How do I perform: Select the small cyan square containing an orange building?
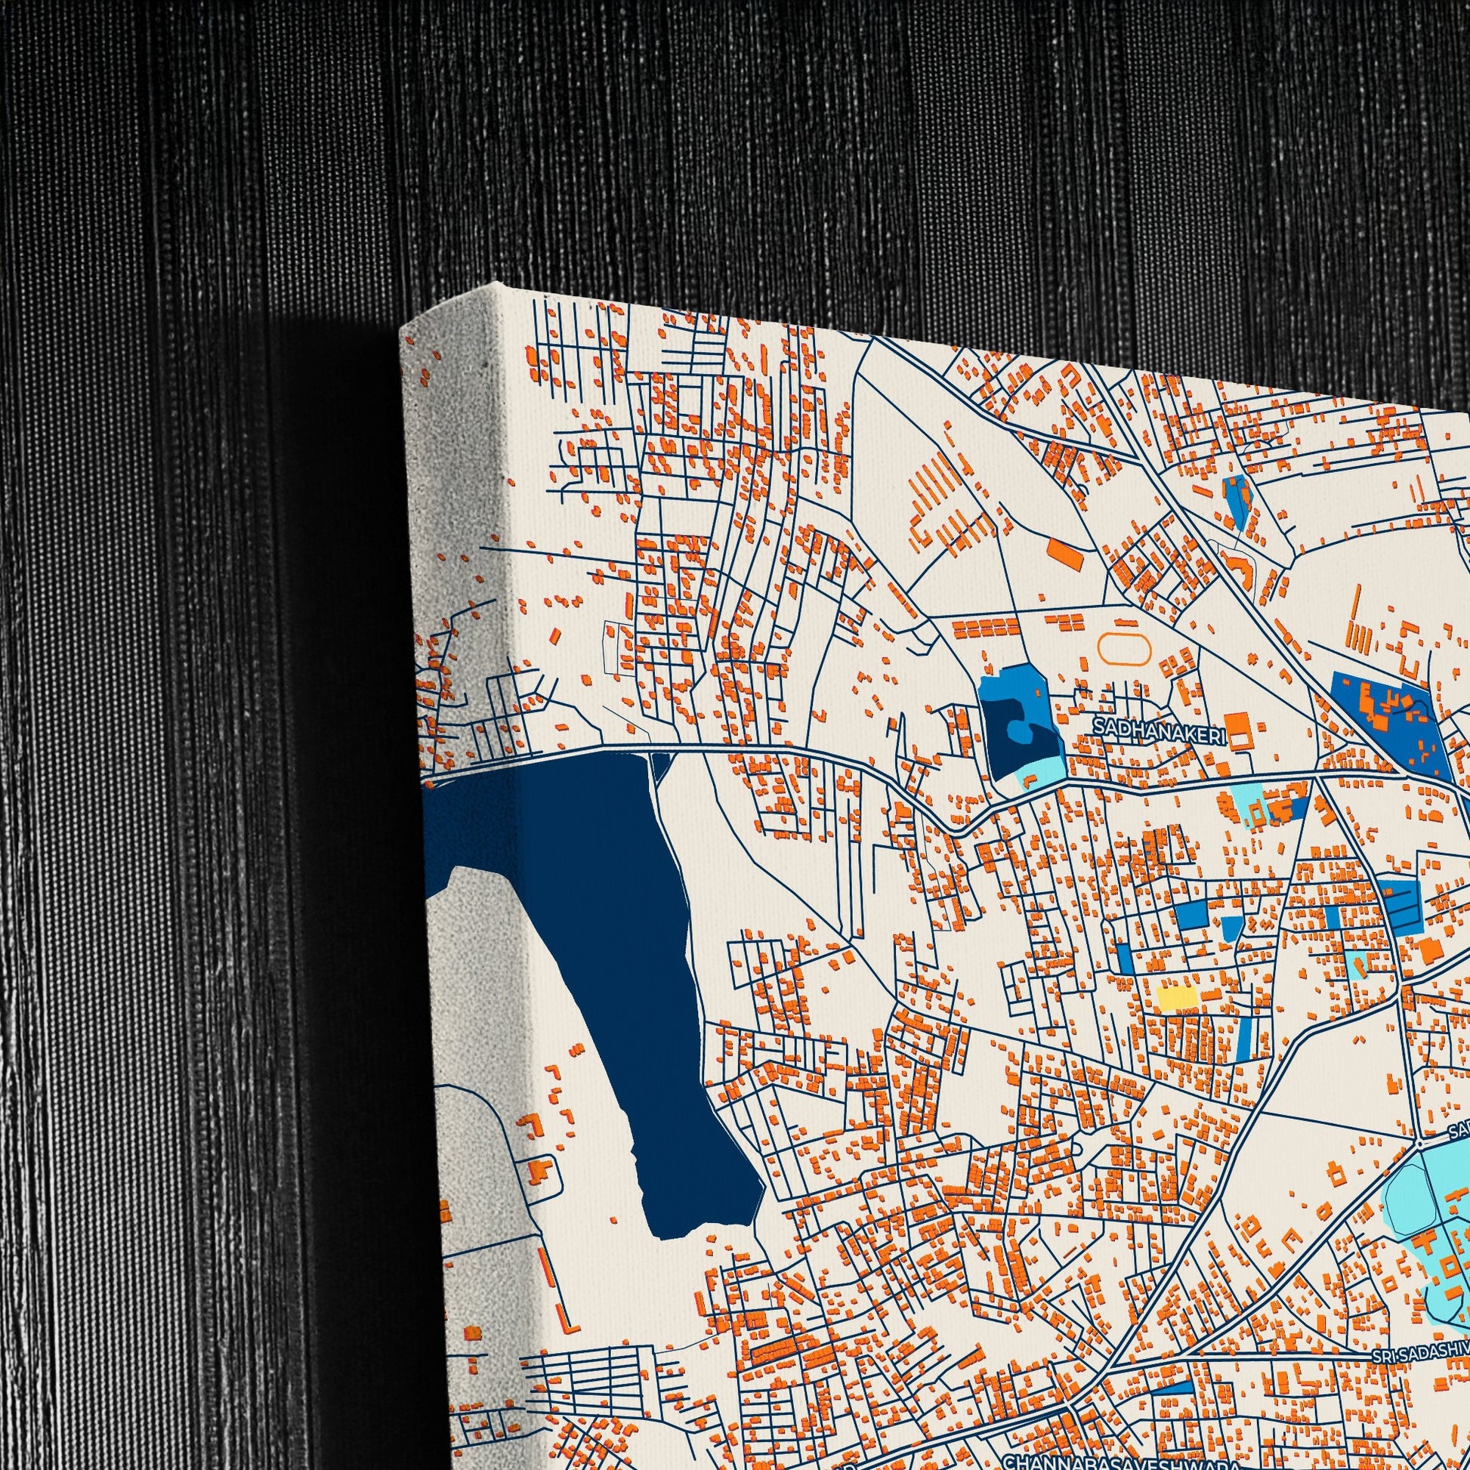[1356, 963]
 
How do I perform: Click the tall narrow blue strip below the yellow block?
[1246, 1039]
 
